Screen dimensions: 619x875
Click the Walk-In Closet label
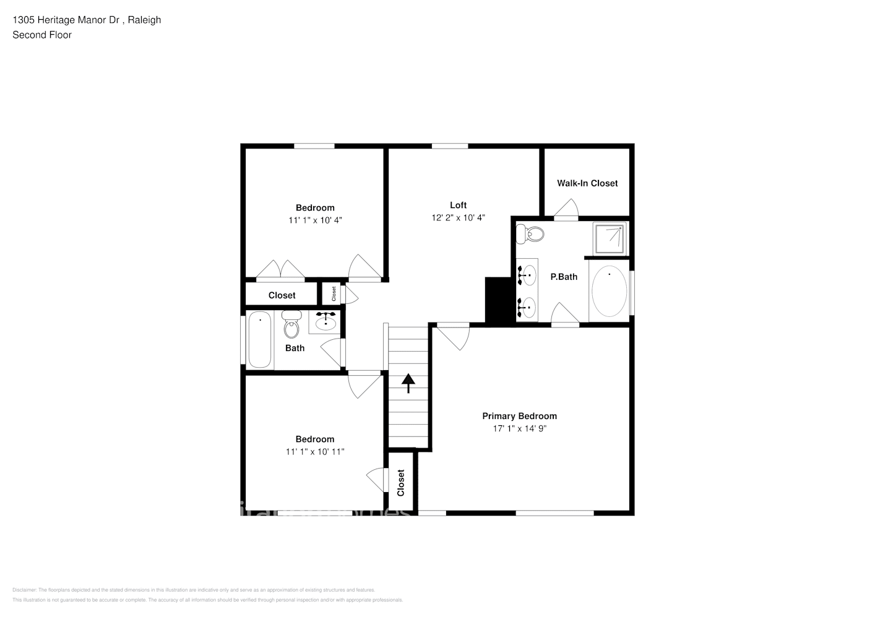[x=587, y=183]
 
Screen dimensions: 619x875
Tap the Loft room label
[x=458, y=205]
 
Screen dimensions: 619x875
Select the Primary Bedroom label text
[x=519, y=416]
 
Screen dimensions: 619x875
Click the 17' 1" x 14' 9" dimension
[x=519, y=428]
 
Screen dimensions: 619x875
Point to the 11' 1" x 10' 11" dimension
[x=314, y=452]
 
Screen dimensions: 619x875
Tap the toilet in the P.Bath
[x=530, y=234]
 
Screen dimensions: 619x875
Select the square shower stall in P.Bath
[x=610, y=238]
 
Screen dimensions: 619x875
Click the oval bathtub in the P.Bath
[x=609, y=291]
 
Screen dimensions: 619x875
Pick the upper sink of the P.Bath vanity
[x=527, y=273]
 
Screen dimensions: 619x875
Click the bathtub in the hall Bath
[x=260, y=340]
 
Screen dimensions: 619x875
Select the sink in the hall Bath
[x=325, y=322]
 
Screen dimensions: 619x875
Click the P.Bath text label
[x=564, y=277]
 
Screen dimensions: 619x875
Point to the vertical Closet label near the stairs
[x=400, y=482]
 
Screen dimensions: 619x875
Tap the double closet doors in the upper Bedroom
[x=280, y=270]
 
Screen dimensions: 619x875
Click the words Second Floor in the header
[x=42, y=35]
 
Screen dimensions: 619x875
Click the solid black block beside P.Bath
[x=498, y=300]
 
